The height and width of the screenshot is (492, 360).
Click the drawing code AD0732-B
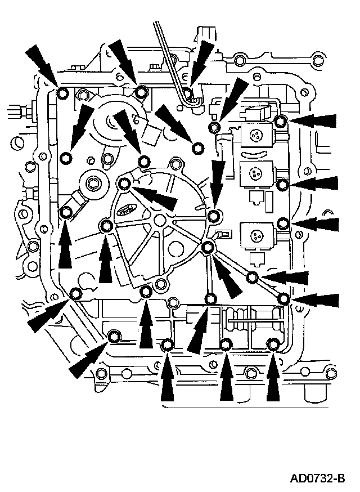pos(317,479)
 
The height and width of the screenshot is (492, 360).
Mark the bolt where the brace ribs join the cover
pos(208,246)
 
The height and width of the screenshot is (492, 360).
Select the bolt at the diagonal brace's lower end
pos(283,298)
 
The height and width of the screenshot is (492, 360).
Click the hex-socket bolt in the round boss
pos(93,182)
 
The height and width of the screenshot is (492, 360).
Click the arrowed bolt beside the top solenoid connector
pos(281,121)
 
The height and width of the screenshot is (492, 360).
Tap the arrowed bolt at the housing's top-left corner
pos(62,92)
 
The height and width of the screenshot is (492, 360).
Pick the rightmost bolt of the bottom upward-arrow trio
pos(273,345)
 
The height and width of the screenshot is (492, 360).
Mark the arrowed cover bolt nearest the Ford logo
pos(125,182)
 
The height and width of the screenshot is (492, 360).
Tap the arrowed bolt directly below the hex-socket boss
pos(66,212)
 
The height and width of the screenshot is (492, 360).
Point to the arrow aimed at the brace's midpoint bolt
pos(286,277)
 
